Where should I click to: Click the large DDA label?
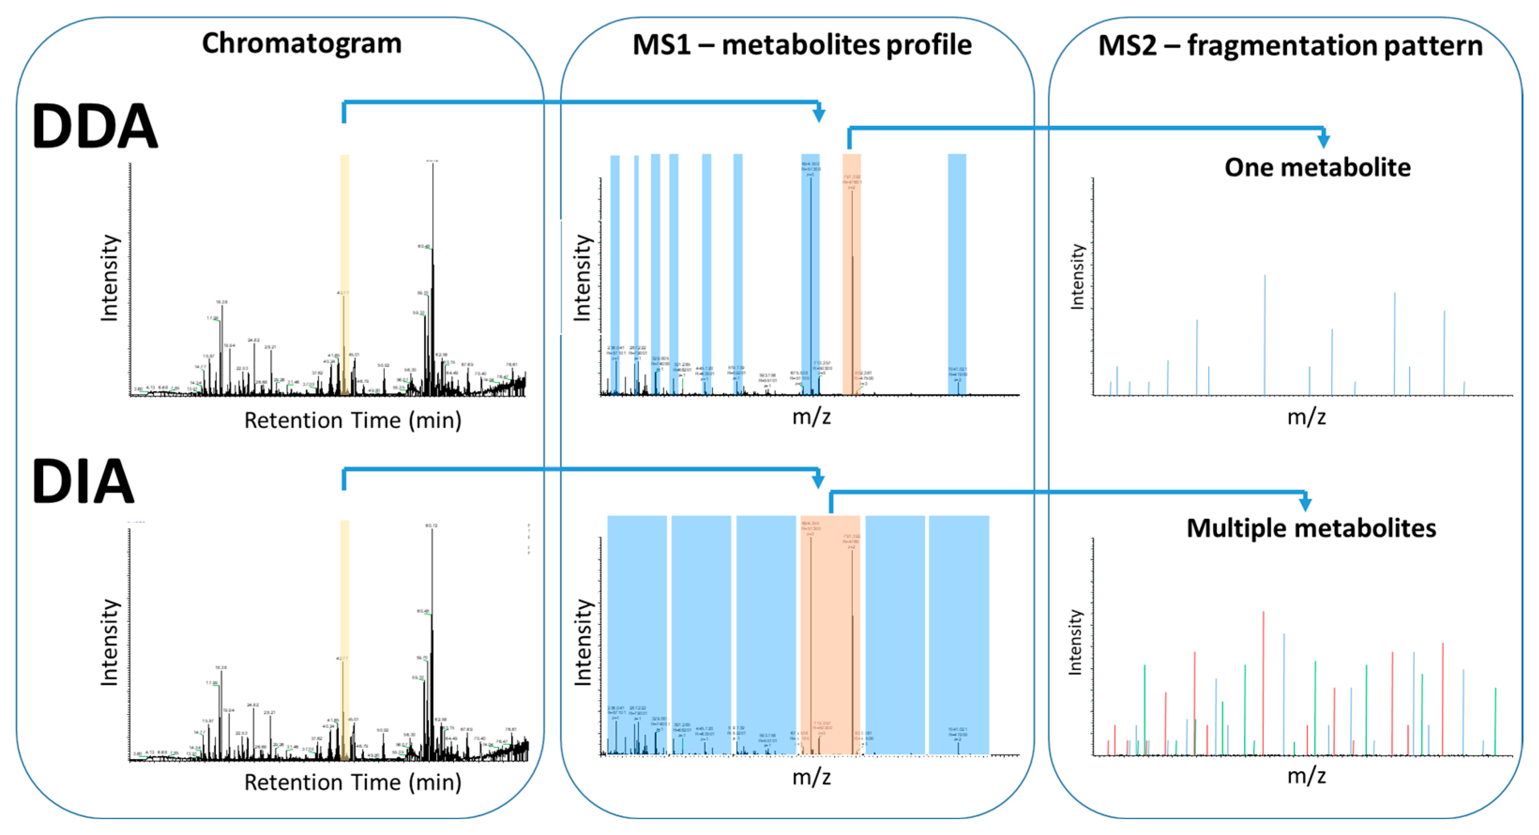94,126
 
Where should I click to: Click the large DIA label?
83,481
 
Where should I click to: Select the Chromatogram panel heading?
301,44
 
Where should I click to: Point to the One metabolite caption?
1317,167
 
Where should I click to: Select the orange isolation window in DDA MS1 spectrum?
852,275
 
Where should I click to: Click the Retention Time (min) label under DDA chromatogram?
353,421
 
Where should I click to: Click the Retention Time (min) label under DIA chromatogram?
353,782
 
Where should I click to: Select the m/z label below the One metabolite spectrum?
1306,417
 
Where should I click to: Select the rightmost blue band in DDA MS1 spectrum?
957,275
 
